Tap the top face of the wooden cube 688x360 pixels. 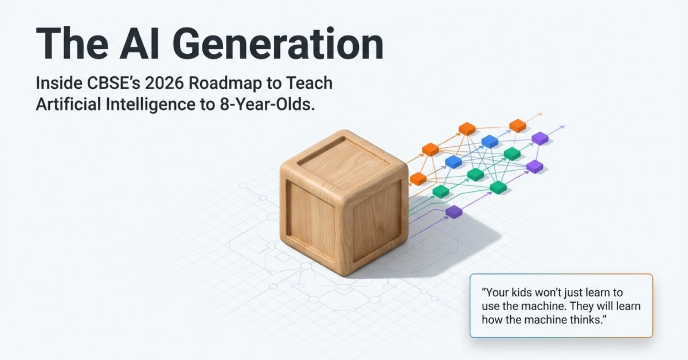pos(344,155)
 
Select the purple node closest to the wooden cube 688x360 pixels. pos(454,212)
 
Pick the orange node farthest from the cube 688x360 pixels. pos(518,126)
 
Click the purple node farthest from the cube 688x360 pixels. pos(540,138)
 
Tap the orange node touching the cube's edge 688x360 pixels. pos(419,178)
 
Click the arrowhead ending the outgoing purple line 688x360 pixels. pos(563,127)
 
